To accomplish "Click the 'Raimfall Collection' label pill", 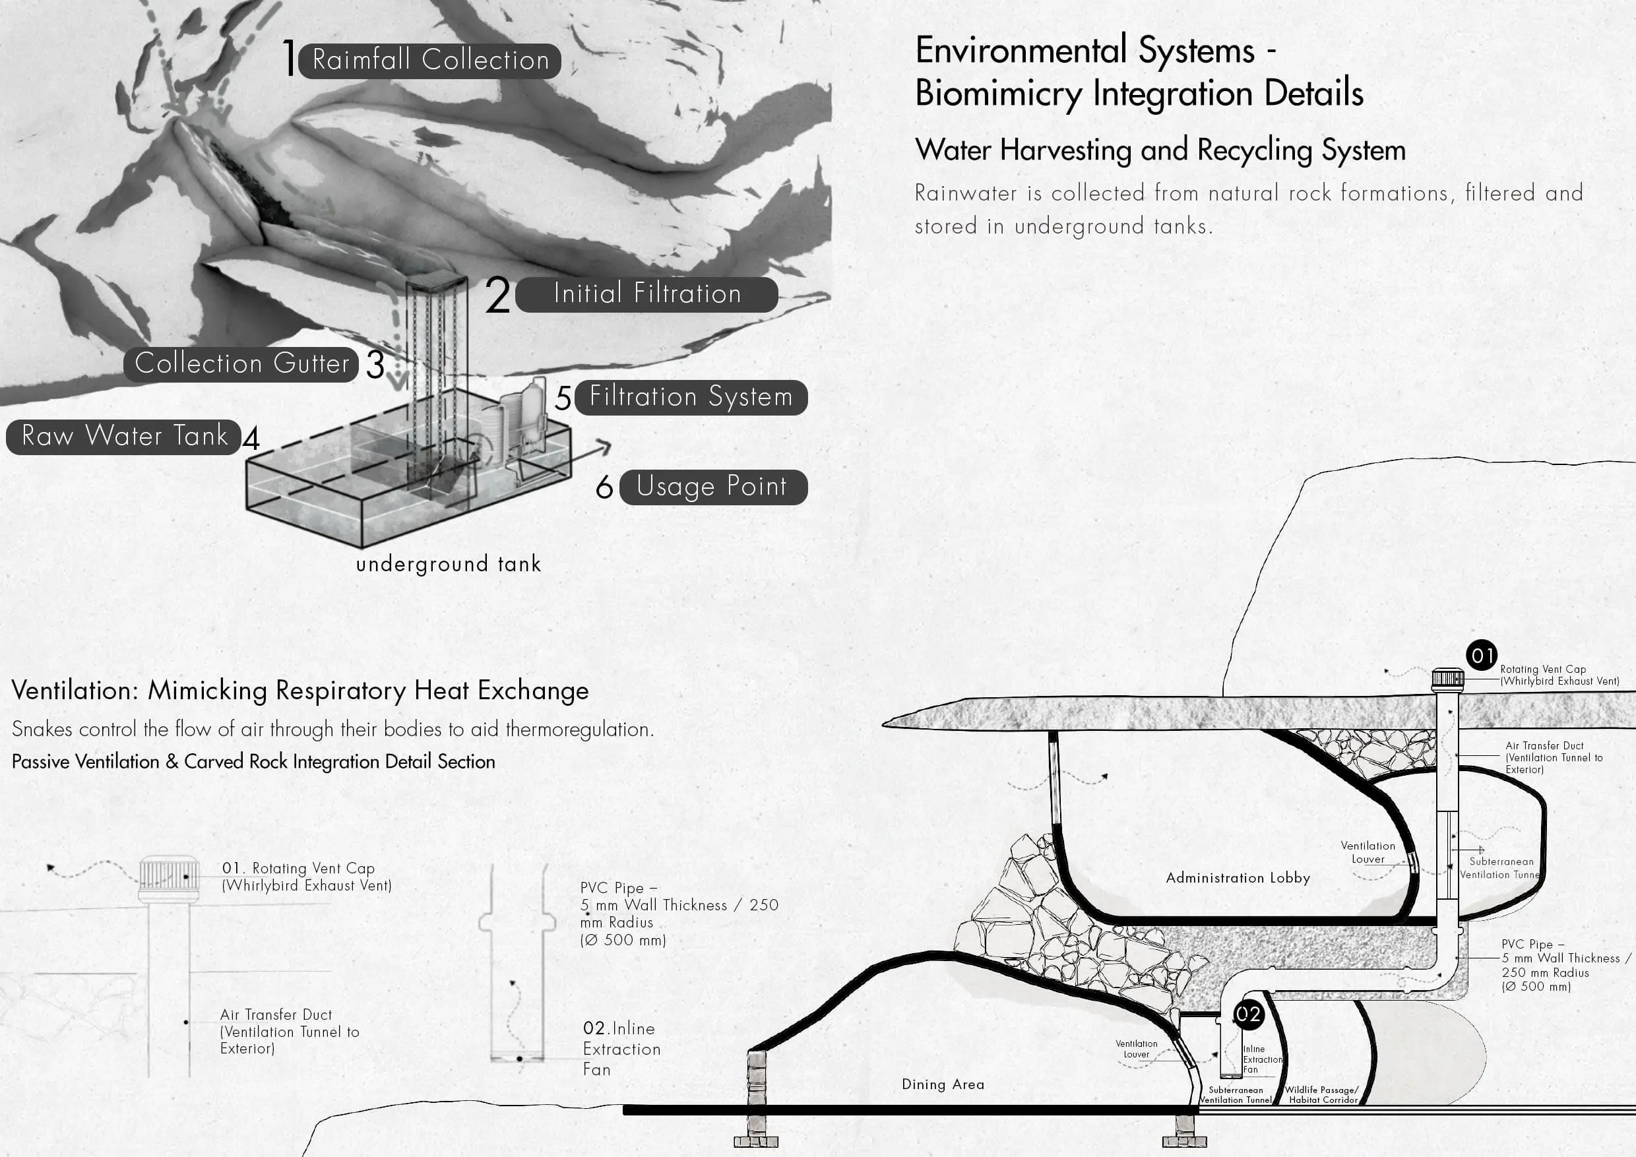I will tap(429, 61).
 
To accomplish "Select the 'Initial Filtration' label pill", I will tap(646, 294).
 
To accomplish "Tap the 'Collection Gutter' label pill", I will tap(241, 364).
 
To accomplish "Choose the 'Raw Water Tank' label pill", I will tap(124, 436).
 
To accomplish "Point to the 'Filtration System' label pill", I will tap(691, 397).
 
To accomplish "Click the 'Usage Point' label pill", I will tap(712, 487).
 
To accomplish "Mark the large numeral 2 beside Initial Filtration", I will tap(497, 295).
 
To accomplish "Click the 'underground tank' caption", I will tap(448, 564).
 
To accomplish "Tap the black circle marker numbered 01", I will tap(1482, 656).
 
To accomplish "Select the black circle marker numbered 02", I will tap(1247, 1014).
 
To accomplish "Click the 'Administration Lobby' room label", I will tap(1238, 878).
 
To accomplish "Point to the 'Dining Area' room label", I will tap(943, 1084).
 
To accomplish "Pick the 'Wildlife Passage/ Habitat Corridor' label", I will tap(1322, 1095).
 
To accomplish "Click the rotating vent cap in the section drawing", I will tap(1448, 679).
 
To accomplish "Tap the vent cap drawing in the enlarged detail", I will tap(168, 879).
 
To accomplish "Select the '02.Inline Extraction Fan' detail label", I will tap(621, 1048).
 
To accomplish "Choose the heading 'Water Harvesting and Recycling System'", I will tap(1160, 150).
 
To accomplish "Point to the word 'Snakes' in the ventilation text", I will tap(42, 730).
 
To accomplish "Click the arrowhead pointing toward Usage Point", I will tap(605, 447).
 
